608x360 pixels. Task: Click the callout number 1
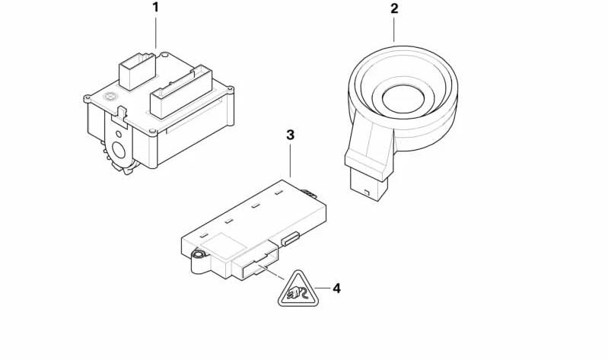[x=155, y=8]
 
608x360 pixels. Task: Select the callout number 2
[x=394, y=8]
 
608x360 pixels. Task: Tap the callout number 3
[x=290, y=135]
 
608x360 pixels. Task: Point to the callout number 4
[x=336, y=288]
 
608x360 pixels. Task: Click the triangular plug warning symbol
[x=298, y=290]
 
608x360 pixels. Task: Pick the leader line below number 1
[x=156, y=33]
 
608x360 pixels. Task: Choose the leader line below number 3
[x=290, y=161]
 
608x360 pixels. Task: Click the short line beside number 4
[x=322, y=288]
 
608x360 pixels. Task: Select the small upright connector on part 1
[x=137, y=71]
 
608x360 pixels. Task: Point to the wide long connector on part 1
[x=181, y=91]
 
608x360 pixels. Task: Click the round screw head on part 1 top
[x=110, y=96]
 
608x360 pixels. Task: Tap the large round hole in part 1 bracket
[x=119, y=150]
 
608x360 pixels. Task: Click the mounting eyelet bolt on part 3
[x=199, y=255]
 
